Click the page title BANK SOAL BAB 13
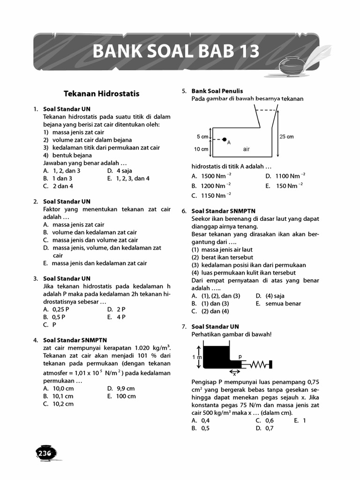pos(176,51)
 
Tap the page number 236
pos(45,452)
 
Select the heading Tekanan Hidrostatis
pos(102,93)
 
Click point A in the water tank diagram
pos(225,140)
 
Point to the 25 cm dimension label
pos(286,137)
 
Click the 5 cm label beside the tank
pos(202,137)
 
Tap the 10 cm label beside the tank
pos(201,149)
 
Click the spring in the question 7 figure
pos(258,364)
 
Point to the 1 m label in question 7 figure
pos(197,357)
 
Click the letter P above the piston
pos(240,357)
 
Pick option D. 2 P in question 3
pos(117,309)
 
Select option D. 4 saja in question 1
pos(120,171)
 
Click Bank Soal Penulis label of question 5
pos(217,91)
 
